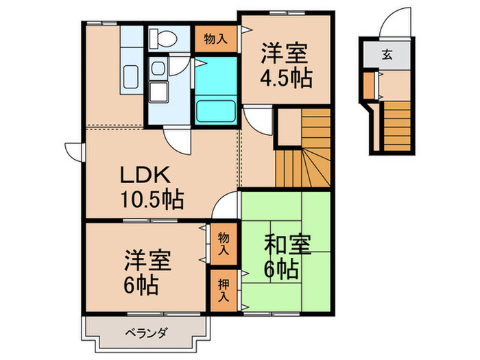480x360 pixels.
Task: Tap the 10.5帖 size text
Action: point(152,201)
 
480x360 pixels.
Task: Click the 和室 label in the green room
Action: point(287,245)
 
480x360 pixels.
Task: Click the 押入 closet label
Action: point(224,288)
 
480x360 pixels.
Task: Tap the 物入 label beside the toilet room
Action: point(217,38)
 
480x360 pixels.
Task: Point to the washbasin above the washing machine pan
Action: point(159,67)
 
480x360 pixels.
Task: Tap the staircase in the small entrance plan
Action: point(395,123)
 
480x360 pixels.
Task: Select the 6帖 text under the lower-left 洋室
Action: point(142,283)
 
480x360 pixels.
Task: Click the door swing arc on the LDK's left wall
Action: point(73,149)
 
